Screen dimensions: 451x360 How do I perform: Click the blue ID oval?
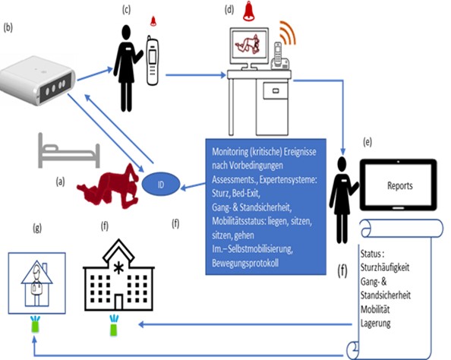coord(161,184)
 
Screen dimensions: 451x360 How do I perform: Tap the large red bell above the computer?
coord(248,11)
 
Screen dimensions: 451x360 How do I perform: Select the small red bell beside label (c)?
coord(153,21)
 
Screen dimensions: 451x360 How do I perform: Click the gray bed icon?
coord(69,151)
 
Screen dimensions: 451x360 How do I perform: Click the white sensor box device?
coord(36,81)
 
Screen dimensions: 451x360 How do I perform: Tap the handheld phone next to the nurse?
coord(153,61)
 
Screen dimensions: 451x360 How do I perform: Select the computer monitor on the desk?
coord(249,49)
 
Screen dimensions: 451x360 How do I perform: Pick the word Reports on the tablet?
coord(400,185)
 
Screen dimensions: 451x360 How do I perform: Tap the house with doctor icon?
coord(36,283)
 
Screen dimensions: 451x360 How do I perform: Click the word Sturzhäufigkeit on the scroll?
coord(384,267)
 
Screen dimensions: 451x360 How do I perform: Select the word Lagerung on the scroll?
coord(375,324)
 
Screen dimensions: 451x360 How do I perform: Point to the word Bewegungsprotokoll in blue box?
coord(245,263)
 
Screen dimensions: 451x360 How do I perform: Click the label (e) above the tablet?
coord(367,142)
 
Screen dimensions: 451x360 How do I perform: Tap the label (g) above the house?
coord(37,228)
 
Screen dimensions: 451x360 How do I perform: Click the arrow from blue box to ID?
coord(194,187)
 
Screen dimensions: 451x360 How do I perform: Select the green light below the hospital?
coord(114,326)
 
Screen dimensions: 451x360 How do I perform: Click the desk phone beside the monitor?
coord(279,57)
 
